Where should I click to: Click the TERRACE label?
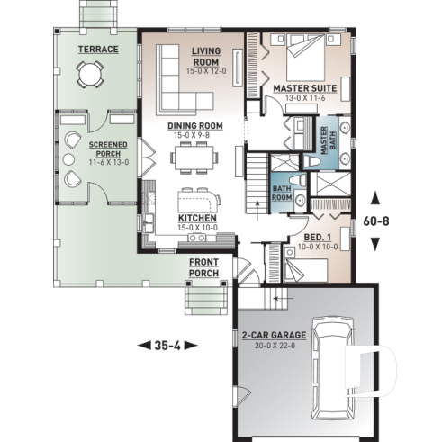click(98, 49)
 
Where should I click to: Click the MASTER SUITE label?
click(305, 89)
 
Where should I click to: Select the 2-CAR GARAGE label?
click(274, 336)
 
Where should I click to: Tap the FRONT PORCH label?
click(207, 266)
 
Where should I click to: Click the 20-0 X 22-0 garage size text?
click(274, 345)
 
